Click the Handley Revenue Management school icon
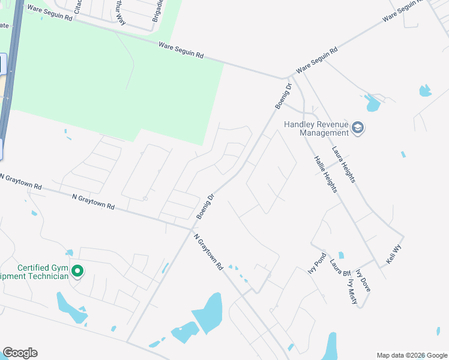point(358,128)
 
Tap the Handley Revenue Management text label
point(316,128)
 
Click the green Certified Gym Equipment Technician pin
point(77,272)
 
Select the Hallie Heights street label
point(325,174)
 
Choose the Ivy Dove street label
point(363,280)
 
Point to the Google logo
point(20,353)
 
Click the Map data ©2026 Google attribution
point(412,355)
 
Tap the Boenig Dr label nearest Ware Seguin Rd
point(283,96)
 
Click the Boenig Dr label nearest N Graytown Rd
point(205,206)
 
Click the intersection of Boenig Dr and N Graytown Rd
point(191,229)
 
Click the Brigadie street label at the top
point(157,11)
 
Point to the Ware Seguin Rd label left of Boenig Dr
point(181,50)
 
